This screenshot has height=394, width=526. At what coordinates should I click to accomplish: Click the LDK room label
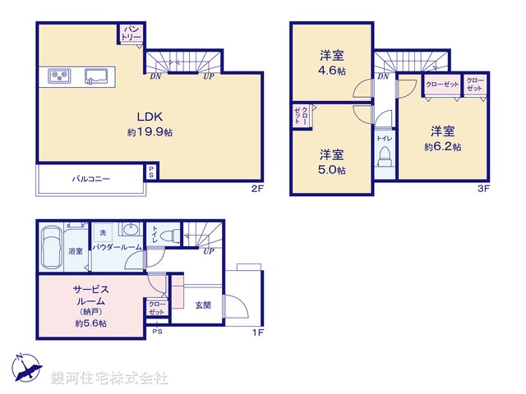coord(150,117)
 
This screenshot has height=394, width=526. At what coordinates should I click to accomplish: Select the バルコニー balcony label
coord(91,178)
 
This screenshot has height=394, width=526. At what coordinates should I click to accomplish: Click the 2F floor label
coord(257,189)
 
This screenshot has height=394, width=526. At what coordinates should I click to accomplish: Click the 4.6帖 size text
coord(333,71)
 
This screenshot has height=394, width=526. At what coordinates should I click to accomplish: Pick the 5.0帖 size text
coord(333,170)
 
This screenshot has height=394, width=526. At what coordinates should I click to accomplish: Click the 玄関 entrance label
coord(203,305)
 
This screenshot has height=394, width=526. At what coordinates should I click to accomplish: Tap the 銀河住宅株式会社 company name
coord(108,378)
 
